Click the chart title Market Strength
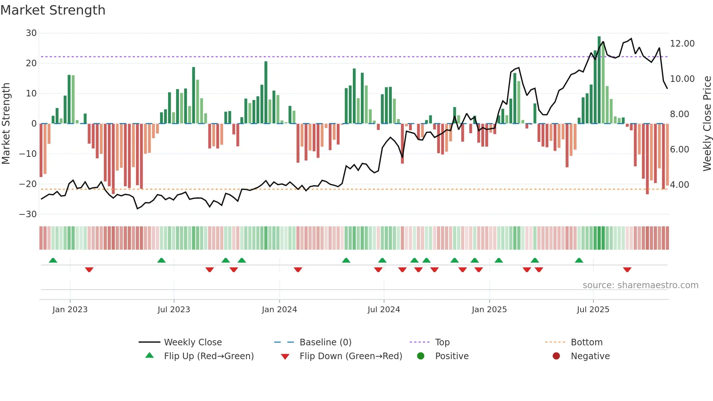pyautogui.click(x=53, y=10)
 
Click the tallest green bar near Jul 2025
pyautogui.click(x=599, y=80)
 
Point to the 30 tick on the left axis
pyautogui.click(x=31, y=33)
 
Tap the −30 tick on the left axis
pyautogui.click(x=28, y=214)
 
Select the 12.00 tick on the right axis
pyautogui.click(x=682, y=44)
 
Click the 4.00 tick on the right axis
pyautogui.click(x=680, y=185)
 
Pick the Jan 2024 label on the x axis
pyautogui.click(x=279, y=310)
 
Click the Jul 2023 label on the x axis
pyautogui.click(x=174, y=310)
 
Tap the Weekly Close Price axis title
pyautogui.click(x=706, y=123)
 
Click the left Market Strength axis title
pyautogui.click(x=6, y=123)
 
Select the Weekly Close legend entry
pyautogui.click(x=192, y=342)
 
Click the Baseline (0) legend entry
pyautogui.click(x=325, y=342)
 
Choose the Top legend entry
pyautogui.click(x=442, y=342)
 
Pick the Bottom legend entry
pyautogui.click(x=586, y=342)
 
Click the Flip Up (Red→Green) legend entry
pyautogui.click(x=208, y=356)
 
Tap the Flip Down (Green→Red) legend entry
pyautogui.click(x=350, y=356)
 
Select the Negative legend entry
pyautogui.click(x=590, y=356)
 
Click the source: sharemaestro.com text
pyautogui.click(x=640, y=285)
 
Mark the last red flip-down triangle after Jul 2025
pyautogui.click(x=627, y=270)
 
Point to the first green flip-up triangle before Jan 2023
pyautogui.click(x=53, y=260)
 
